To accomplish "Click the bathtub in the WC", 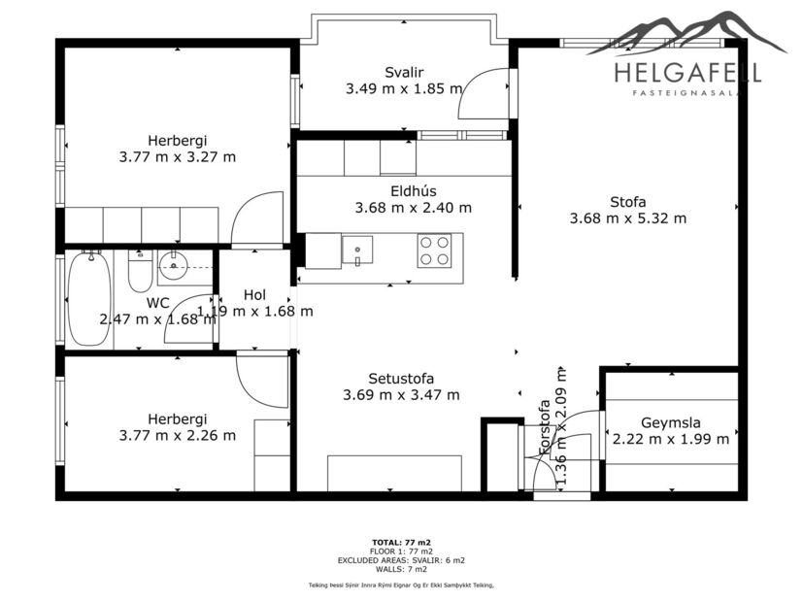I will point(88,299).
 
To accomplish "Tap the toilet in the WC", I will point(140,273).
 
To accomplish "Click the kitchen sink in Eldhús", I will point(357,251).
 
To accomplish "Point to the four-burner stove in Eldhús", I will point(434,251).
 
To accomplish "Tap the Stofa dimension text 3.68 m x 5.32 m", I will point(627,218).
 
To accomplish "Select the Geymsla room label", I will point(671,422).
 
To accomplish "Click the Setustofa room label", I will point(401,379).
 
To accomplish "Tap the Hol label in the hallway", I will point(254,295).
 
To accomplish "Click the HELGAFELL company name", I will point(687,72).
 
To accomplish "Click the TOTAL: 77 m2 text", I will point(401,542).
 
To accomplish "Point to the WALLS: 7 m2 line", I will point(401,568).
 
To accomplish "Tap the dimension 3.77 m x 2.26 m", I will point(177,436).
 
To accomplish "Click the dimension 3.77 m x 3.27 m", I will point(177,156).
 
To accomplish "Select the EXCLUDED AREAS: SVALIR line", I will point(401,559).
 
